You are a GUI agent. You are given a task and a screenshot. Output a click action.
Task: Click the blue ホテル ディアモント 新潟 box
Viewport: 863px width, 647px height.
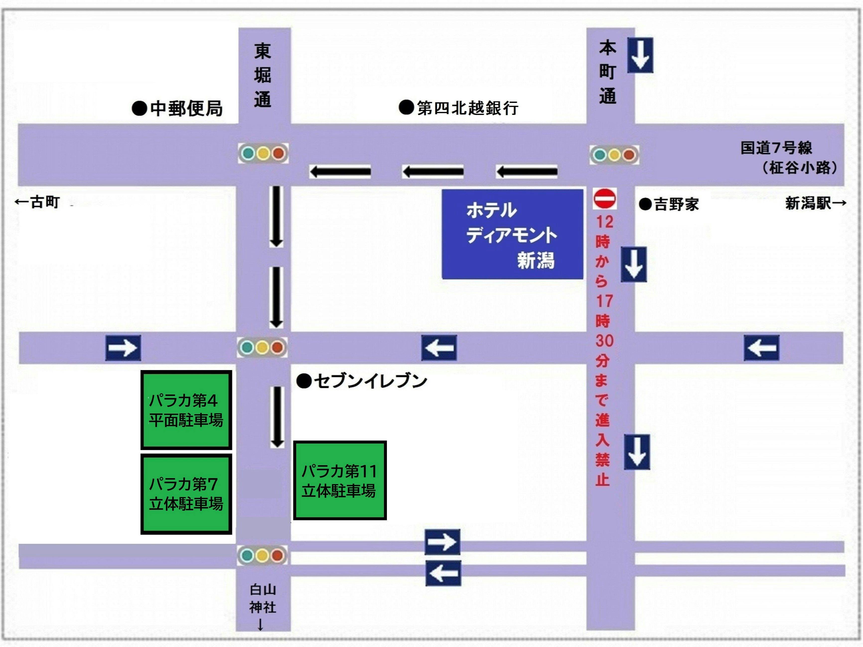click(512, 234)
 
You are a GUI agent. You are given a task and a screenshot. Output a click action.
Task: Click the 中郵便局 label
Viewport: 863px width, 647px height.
click(178, 108)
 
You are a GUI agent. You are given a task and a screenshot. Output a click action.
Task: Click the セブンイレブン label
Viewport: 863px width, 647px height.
click(362, 381)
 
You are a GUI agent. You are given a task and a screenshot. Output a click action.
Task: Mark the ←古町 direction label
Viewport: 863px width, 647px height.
click(37, 202)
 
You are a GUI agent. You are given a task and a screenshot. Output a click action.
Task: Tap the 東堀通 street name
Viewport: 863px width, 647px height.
click(263, 75)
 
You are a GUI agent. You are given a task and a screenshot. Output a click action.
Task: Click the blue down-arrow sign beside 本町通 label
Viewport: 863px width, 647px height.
click(640, 55)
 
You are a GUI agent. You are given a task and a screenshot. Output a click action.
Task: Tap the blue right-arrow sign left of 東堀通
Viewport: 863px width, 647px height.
click(123, 347)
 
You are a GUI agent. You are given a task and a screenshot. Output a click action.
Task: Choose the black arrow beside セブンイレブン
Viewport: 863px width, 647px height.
click(277, 416)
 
